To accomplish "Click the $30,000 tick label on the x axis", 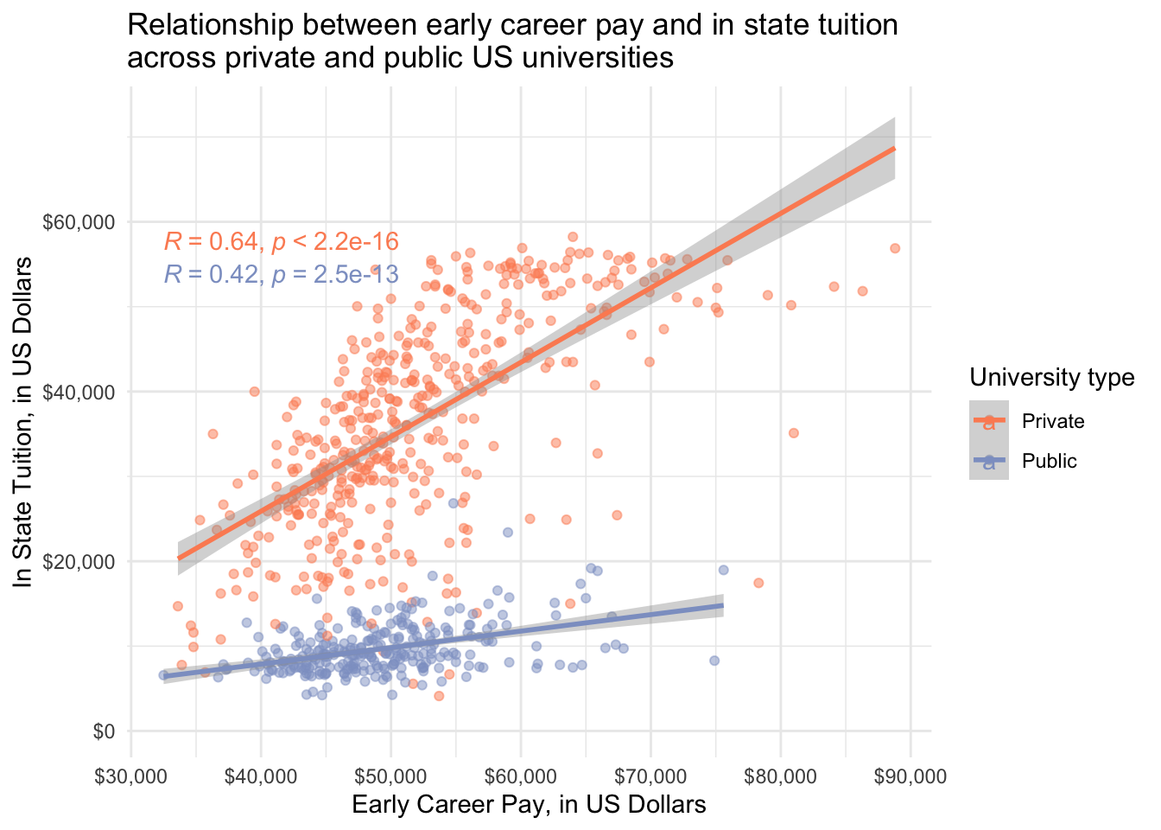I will click(130, 776).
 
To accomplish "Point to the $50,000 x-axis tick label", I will click(390, 776).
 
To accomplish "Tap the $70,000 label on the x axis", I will click(650, 776).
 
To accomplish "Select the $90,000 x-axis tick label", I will click(910, 776).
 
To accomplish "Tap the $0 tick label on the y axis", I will click(102, 731).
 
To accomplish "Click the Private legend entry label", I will click(1052, 421).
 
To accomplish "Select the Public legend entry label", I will click(1049, 461).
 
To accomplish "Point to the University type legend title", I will click(1051, 377).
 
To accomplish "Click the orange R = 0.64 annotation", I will click(281, 242).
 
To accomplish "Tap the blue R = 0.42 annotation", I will click(281, 275).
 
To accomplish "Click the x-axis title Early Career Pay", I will click(529, 805).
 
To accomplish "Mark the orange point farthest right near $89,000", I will click(895, 248).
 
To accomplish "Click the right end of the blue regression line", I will click(722, 605).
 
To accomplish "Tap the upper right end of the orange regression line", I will click(893, 149).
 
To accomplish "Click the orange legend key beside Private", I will click(988, 421).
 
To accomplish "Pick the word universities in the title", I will click(604, 58).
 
